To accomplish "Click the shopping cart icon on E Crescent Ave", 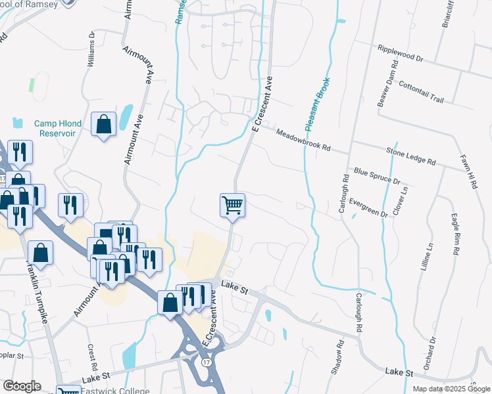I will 232,206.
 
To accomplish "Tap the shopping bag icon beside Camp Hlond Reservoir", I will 103,123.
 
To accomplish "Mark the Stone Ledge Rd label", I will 411,156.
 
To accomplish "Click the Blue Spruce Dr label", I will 377,175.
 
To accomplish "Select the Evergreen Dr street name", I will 368,207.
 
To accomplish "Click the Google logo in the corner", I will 21,385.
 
